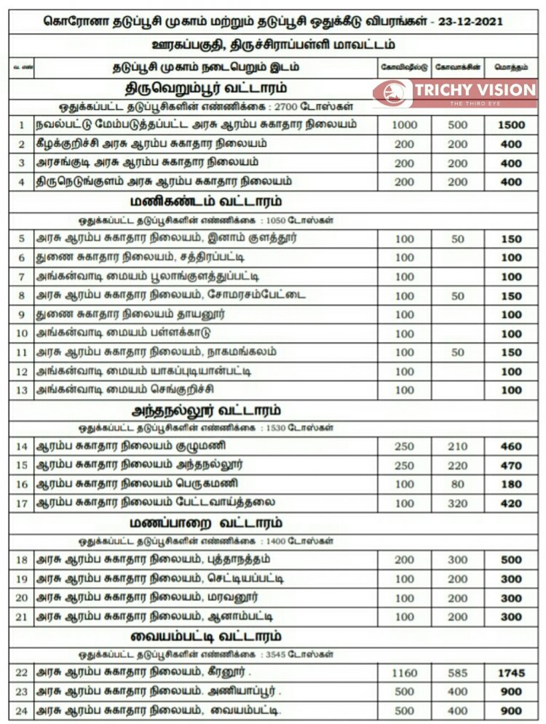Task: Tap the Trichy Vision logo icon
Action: click(x=392, y=93)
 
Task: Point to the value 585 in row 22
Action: click(x=458, y=673)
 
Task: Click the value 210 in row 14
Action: click(x=458, y=446)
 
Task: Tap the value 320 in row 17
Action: click(x=458, y=503)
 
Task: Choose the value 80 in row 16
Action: click(x=458, y=484)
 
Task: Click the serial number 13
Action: click(x=22, y=390)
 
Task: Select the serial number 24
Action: click(x=22, y=710)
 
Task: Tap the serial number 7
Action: click(x=22, y=277)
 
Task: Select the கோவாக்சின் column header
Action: click(x=458, y=67)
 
